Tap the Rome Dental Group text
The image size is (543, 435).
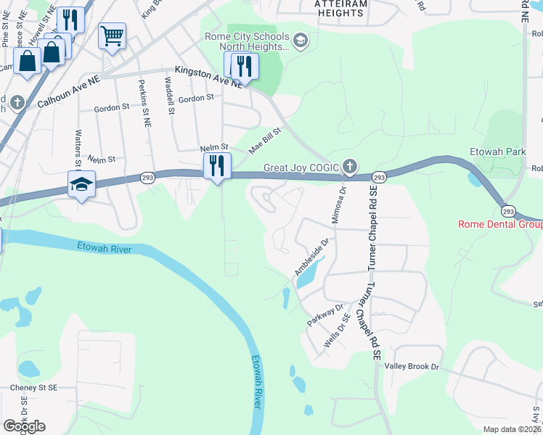pyautogui.click(x=500, y=224)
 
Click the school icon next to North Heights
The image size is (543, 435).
pyautogui.click(x=301, y=41)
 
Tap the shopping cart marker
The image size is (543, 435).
pyautogui.click(x=112, y=36)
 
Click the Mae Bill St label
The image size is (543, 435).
pyautogui.click(x=264, y=141)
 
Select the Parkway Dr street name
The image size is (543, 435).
pyautogui.click(x=324, y=313)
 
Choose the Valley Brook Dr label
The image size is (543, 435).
pyautogui.click(x=412, y=368)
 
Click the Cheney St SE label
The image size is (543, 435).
pyautogui.click(x=33, y=388)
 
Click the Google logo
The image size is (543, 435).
pyautogui.click(x=24, y=426)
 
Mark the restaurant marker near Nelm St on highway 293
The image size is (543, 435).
pyautogui.click(x=217, y=166)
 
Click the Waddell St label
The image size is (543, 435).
pyautogui.click(x=170, y=96)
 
